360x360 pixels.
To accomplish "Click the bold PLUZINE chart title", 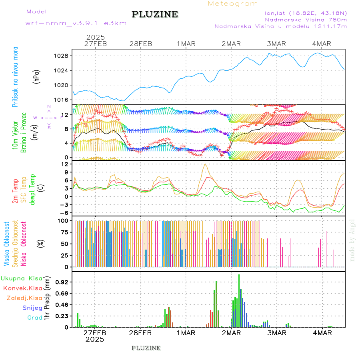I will pyautogui.click(x=155, y=14).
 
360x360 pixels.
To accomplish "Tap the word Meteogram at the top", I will pyautogui.click(x=233, y=4).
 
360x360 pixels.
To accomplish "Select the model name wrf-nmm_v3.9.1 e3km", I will pyautogui.click(x=76, y=23).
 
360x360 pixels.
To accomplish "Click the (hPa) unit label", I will pyautogui.click(x=37, y=76).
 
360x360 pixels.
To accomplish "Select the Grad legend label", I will pyautogui.click(x=34, y=318).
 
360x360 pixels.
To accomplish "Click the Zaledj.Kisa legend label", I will pyautogui.click(x=24, y=298).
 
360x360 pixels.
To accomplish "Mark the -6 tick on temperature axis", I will pyautogui.click(x=64, y=213).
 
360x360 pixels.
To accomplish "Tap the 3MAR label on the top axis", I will pyautogui.click(x=276, y=44).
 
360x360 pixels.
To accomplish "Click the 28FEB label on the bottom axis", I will pyautogui.click(x=140, y=333).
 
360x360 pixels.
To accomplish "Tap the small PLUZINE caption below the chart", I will pyautogui.click(x=146, y=348).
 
